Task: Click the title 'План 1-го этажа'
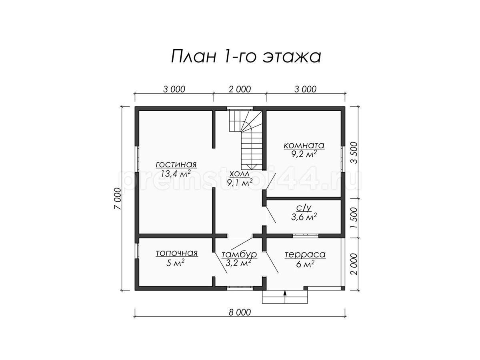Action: point(246,56)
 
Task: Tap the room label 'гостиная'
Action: point(176,164)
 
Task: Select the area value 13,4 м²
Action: point(176,174)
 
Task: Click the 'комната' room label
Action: point(304,145)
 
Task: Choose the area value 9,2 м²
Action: point(304,154)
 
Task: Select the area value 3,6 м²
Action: point(304,217)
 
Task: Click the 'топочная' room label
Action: point(177,253)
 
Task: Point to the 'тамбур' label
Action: point(240,254)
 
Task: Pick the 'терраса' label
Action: point(305,254)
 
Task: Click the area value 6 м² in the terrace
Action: point(305,264)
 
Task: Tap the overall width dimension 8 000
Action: point(240,312)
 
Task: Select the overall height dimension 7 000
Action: point(117,198)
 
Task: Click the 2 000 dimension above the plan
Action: point(240,89)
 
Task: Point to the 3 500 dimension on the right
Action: point(354,152)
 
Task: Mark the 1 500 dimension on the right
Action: point(354,218)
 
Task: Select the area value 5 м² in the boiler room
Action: point(175,263)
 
